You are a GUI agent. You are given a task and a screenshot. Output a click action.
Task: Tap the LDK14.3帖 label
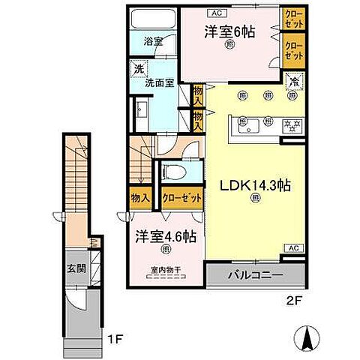coord(244,182)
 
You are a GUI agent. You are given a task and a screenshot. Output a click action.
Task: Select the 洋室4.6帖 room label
coord(166,237)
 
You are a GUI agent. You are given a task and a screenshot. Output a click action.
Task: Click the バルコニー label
coord(256,276)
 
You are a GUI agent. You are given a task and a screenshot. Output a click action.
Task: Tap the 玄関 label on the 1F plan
coord(76,268)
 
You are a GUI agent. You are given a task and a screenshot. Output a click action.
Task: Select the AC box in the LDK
coord(293,248)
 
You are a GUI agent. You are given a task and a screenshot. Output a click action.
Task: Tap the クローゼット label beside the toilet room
coord(181,198)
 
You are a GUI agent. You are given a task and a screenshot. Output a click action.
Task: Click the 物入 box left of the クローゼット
coord(139,198)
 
